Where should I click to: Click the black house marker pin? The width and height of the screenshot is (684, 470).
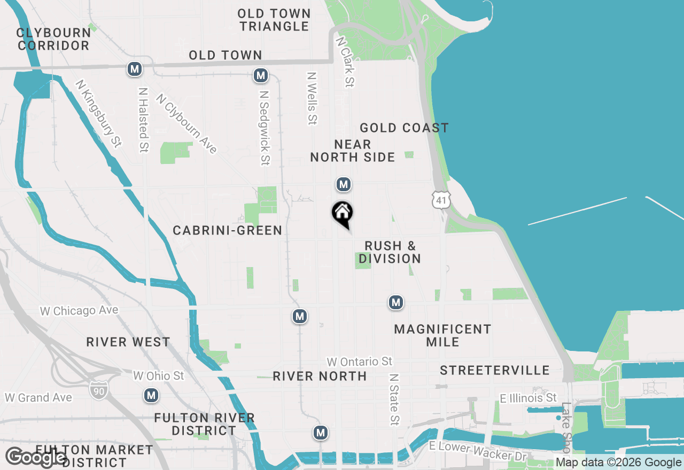tap(343, 214)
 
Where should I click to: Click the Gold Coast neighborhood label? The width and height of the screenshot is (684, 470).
tap(404, 128)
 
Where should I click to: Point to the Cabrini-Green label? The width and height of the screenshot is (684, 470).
tap(227, 230)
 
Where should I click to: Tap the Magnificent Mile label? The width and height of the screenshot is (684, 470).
tap(442, 335)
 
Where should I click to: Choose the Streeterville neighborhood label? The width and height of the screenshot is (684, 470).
tap(494, 370)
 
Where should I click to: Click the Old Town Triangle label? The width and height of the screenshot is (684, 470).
tap(274, 20)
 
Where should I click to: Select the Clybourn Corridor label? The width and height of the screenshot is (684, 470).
tap(53, 39)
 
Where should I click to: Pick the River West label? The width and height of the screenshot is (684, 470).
tap(128, 342)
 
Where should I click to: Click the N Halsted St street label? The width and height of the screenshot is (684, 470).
tap(143, 120)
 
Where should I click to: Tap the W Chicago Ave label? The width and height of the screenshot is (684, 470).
tap(79, 310)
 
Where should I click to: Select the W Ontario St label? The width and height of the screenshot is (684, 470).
tap(360, 362)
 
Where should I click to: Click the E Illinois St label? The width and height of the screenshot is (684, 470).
tap(528, 398)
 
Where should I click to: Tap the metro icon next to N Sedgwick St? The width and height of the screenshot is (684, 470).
tap(261, 76)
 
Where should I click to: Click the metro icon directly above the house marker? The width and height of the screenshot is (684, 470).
tap(343, 185)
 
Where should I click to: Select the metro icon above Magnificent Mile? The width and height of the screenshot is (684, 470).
tap(395, 303)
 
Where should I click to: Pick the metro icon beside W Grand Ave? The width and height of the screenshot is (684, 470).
tap(152, 395)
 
